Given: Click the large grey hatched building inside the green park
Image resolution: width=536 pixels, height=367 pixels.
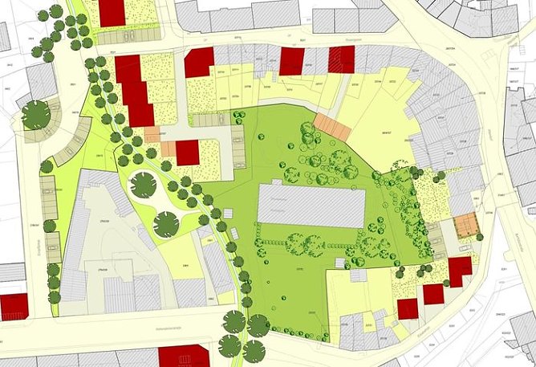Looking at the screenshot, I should pyautogui.click(x=311, y=206).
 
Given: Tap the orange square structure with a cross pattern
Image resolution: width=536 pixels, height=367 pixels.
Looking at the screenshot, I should pyautogui.click(x=466, y=226).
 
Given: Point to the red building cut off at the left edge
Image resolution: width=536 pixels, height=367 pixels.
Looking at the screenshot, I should pyautogui.click(x=13, y=306).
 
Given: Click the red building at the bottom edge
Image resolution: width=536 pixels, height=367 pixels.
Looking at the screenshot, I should pyautogui.click(x=184, y=356).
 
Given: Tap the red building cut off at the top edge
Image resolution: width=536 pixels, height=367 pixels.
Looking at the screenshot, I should pyautogui.click(x=112, y=12).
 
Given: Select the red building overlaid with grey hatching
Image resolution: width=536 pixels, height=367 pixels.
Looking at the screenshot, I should pyautogui.click(x=341, y=59).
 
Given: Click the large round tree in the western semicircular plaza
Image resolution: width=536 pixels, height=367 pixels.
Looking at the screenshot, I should pyautogui.click(x=35, y=114).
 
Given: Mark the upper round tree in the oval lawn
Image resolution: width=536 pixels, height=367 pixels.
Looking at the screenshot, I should pyautogui.click(x=143, y=185).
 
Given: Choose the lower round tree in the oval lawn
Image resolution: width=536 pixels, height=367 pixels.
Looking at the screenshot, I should pyautogui.click(x=166, y=224).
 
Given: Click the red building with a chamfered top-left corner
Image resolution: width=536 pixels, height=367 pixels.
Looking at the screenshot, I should pyautogui.click(x=199, y=62).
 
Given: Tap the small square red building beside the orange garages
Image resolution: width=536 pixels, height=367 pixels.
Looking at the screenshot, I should pyautogui.click(x=187, y=153).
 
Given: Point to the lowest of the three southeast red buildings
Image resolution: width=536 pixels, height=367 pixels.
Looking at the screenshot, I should pyautogui.click(x=408, y=308).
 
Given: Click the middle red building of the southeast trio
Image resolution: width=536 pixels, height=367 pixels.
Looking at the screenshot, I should pyautogui.click(x=433, y=294).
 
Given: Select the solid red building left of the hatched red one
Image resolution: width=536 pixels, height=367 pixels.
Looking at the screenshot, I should pyautogui.click(x=291, y=61).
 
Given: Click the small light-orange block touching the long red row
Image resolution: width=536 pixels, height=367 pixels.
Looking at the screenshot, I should pyautogui.click(x=152, y=134).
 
